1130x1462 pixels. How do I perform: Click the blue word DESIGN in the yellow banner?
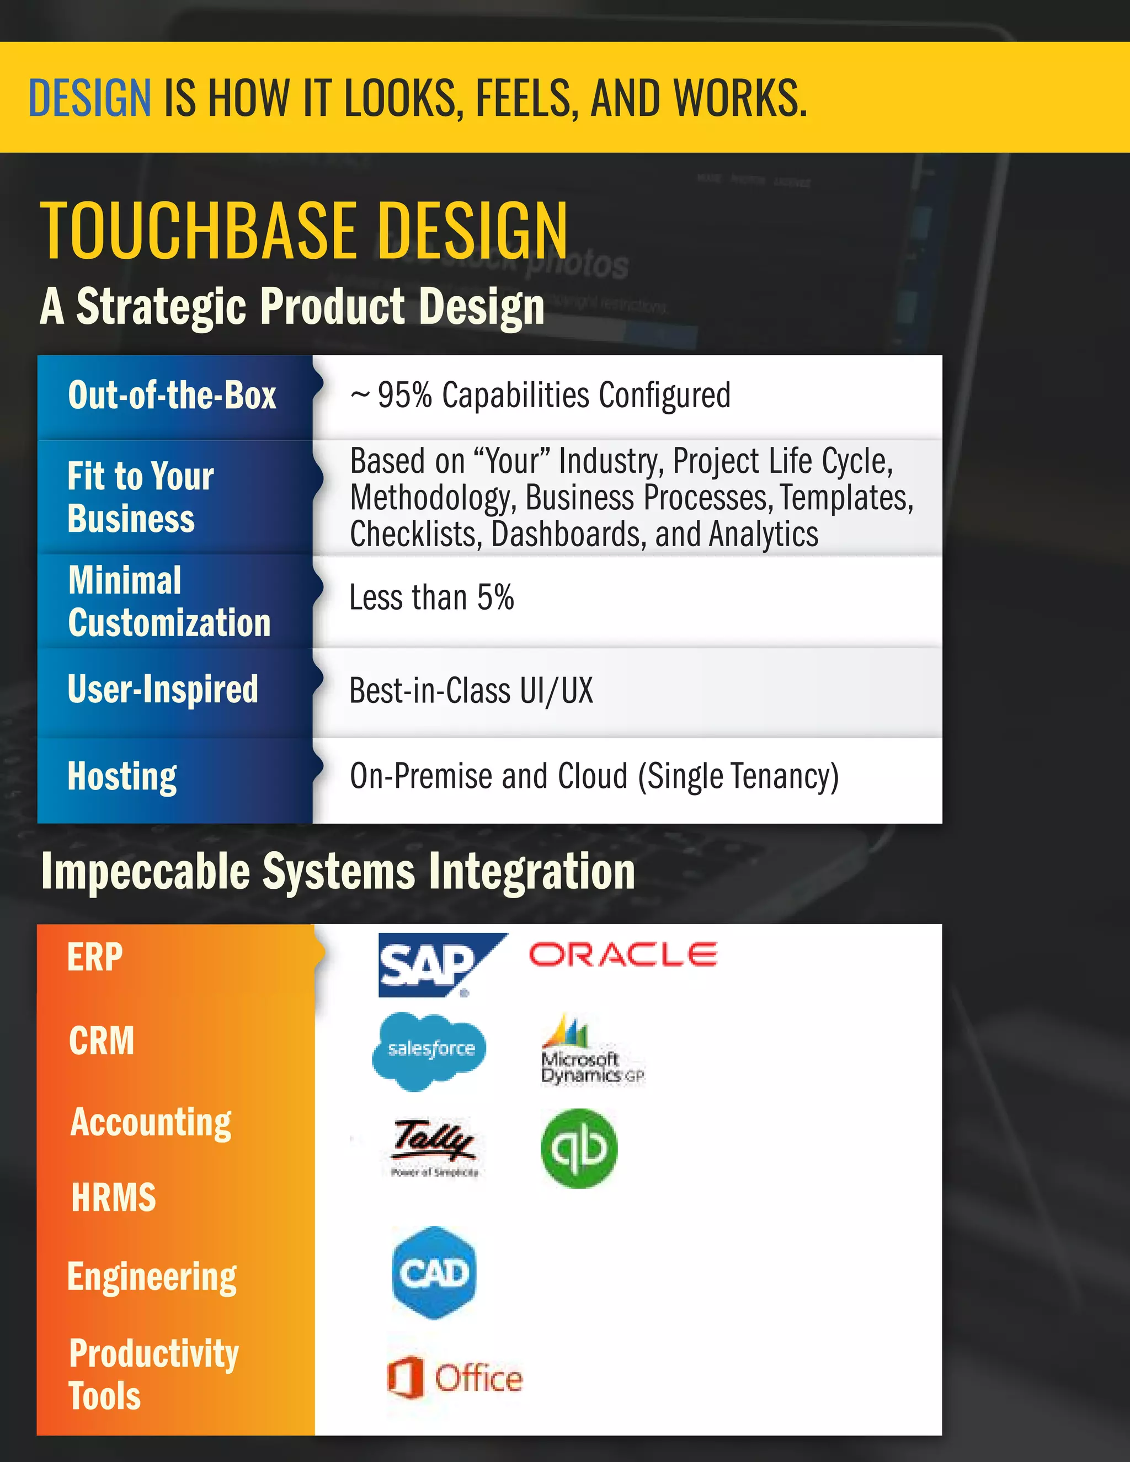coord(90,98)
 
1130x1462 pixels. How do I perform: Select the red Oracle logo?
coord(622,954)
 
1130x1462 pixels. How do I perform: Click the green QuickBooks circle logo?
coord(579,1148)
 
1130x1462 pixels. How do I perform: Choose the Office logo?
coord(455,1378)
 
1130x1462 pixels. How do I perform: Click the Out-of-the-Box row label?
coord(172,396)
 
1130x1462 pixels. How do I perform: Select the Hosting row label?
coord(122,777)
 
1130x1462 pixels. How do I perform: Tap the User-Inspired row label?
coord(163,690)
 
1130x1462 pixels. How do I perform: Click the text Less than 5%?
coord(432,598)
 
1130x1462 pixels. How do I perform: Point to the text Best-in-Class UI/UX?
coord(471,691)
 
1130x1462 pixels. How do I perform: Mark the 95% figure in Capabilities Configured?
coord(404,396)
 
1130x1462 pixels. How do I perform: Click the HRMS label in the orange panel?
coord(114,1198)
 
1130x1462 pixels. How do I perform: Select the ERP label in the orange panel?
coord(95,957)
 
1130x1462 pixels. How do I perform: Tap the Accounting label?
coord(151,1123)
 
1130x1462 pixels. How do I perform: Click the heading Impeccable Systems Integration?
coord(338,872)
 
